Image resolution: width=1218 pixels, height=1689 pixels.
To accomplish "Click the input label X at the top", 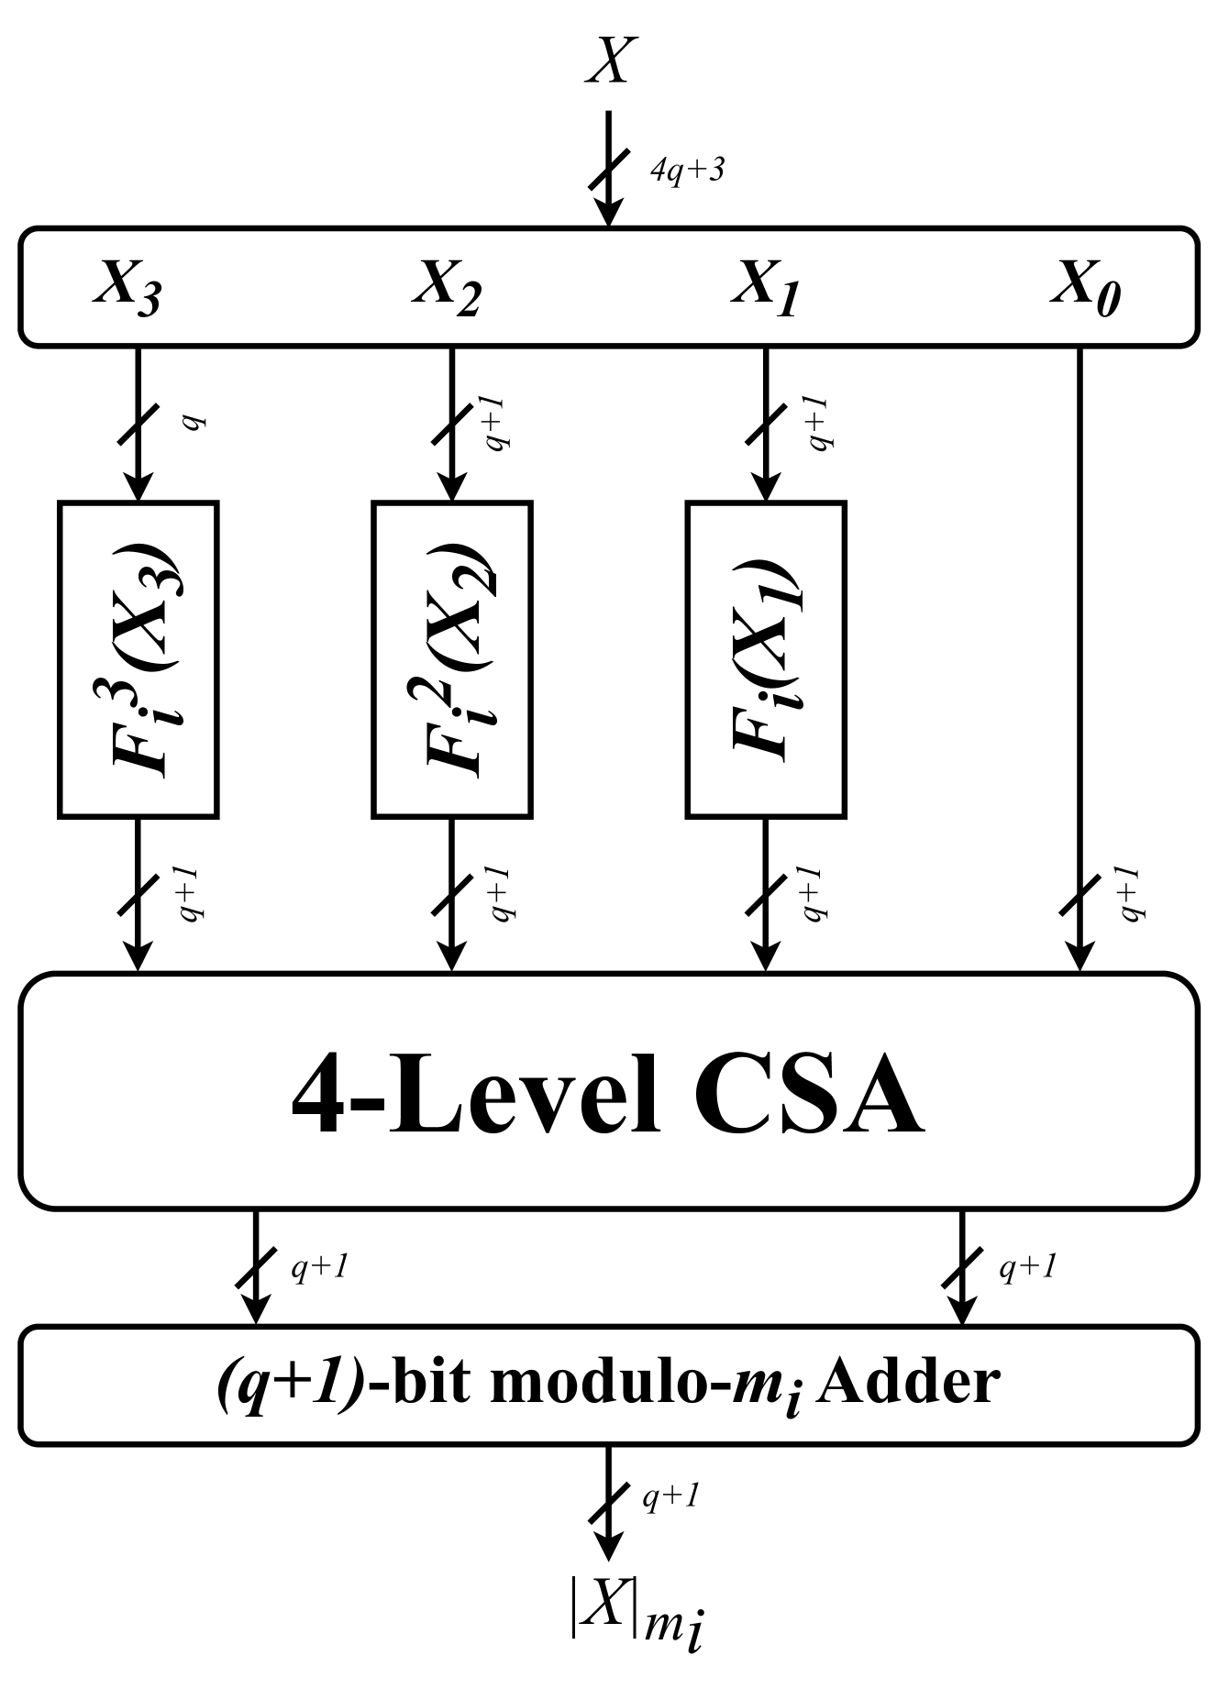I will coord(610,63).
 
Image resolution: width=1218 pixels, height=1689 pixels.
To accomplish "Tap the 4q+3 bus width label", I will coord(687,171).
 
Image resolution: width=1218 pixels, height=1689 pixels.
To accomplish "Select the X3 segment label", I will coord(127,287).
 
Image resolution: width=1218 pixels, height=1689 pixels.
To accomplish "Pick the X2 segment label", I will coord(447,287).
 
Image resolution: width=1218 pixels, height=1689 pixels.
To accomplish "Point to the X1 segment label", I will coord(765,287).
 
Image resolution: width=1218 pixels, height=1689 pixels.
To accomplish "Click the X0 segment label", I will coord(1085,287).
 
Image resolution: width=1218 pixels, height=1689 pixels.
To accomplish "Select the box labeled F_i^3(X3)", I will coord(138,658).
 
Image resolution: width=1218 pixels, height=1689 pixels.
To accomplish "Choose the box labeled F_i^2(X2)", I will coord(452,658).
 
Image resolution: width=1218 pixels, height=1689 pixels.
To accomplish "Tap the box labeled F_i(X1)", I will coord(766,658).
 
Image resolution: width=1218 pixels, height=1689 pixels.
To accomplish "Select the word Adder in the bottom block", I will coord(904,1384).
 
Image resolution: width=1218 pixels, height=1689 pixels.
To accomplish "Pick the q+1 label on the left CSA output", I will coord(318,1268).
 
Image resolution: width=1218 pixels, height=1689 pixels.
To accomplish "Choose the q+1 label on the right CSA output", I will coord(1027,1268).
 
